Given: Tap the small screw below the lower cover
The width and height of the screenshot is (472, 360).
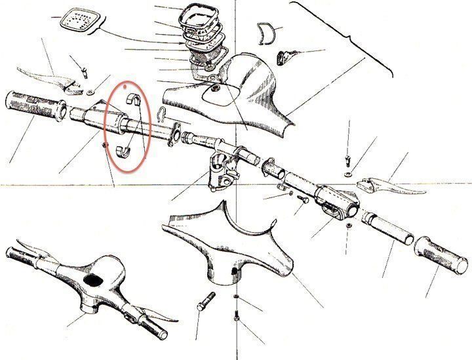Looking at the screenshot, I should click(236, 321).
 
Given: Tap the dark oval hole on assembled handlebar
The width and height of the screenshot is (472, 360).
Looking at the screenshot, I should click(96, 280).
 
